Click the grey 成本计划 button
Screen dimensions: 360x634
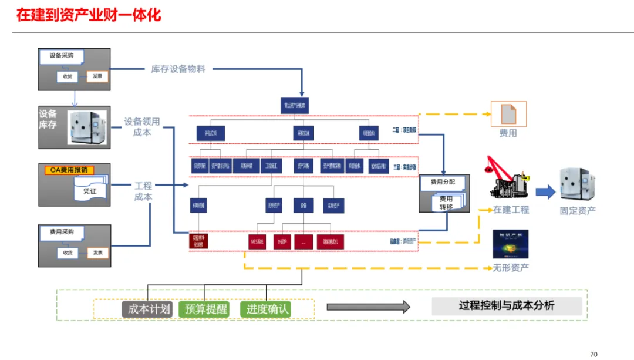[x=149, y=309]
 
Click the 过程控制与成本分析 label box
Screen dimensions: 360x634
[x=507, y=306]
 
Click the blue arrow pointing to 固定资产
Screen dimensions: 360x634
[x=545, y=191]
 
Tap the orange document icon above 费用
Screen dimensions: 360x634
[x=508, y=114]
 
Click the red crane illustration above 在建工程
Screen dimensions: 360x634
[x=508, y=179]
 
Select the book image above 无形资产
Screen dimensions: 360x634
[x=510, y=244]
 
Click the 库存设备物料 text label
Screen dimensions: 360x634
[x=178, y=69]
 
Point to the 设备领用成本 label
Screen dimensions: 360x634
[x=142, y=127]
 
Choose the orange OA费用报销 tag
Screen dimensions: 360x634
[x=69, y=170]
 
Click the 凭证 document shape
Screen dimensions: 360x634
[x=90, y=191]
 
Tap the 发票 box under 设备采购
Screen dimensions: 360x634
[x=97, y=76]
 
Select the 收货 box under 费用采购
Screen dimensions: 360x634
[x=68, y=253]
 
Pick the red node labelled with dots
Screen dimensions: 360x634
[x=303, y=241]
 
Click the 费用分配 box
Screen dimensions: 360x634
[x=443, y=183]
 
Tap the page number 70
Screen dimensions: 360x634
[x=593, y=354]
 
